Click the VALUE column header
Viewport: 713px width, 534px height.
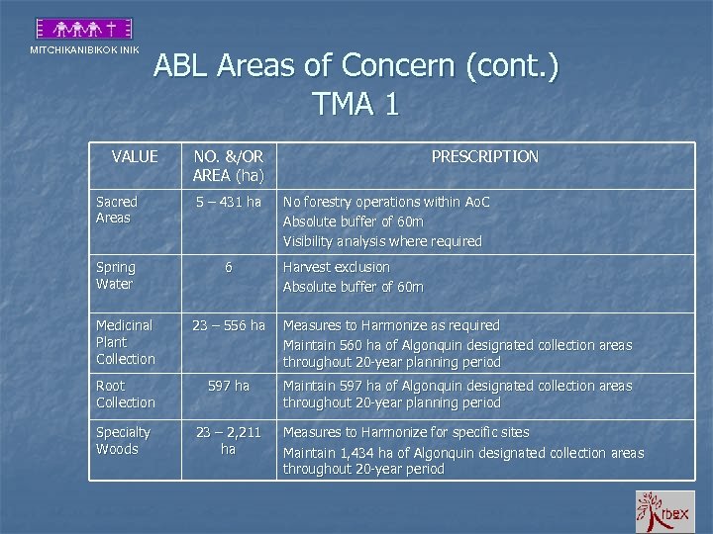tap(135, 156)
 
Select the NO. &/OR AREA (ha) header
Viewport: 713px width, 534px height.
tap(229, 166)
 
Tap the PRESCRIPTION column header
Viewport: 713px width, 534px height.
tap(485, 156)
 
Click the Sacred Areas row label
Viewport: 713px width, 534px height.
tap(117, 210)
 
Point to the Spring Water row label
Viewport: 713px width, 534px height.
tap(115, 276)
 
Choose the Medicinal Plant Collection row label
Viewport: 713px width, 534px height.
tap(126, 342)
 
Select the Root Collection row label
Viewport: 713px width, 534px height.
tap(126, 394)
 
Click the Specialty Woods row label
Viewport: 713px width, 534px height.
tap(124, 441)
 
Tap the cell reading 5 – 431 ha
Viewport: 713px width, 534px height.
tap(229, 202)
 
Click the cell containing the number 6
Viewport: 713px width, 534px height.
tap(229, 267)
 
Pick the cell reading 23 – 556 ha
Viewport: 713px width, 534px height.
tap(229, 325)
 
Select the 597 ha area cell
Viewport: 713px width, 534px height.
tap(229, 386)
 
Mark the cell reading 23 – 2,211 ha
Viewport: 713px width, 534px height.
tap(229, 441)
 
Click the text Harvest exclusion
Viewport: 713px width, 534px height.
tap(337, 267)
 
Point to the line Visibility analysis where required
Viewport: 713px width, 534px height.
tap(382, 241)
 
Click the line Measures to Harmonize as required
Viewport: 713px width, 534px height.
tap(391, 325)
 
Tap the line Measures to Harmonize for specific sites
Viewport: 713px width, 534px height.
tap(406, 432)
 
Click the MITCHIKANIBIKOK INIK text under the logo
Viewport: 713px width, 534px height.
tap(84, 50)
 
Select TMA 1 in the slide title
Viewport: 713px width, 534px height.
tap(356, 103)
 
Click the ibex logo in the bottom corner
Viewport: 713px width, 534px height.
tap(664, 511)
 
